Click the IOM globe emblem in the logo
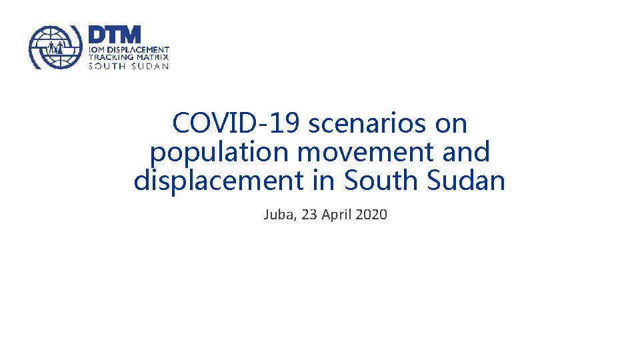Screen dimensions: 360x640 coord(55,48)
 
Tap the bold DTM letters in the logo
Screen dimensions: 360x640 coord(115,35)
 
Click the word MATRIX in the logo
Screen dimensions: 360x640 coord(153,57)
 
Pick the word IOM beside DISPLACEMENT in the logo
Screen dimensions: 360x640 coord(97,50)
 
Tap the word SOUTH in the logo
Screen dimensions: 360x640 coord(107,66)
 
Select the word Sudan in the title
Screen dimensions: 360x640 coord(471,181)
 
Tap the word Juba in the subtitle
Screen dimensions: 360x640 coord(278,215)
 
